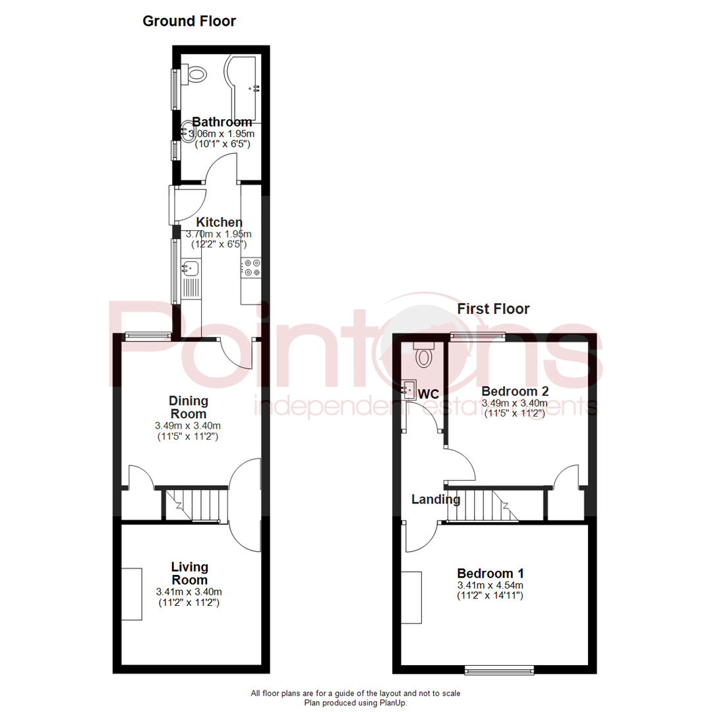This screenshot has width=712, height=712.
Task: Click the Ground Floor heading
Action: click(189, 21)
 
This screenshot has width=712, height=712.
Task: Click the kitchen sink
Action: click(191, 268)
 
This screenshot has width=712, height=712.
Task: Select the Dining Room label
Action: click(189, 407)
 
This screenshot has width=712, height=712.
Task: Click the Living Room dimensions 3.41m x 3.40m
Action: click(189, 591)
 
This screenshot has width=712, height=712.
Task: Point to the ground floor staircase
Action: click(195, 504)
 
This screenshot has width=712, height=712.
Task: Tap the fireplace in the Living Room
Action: click(132, 593)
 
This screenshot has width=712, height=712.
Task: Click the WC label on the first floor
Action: click(429, 394)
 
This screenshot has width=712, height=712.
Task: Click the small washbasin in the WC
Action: click(409, 389)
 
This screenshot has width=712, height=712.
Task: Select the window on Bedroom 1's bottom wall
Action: click(499, 670)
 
